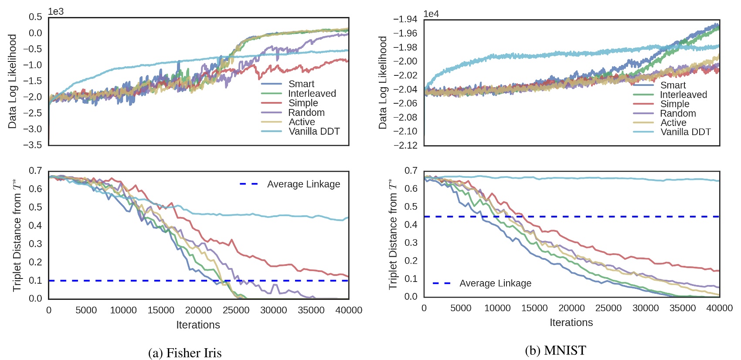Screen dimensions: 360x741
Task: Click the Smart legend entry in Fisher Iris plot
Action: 301,84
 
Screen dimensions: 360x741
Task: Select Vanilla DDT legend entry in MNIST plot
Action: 685,132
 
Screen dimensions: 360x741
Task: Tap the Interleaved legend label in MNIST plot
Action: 683,95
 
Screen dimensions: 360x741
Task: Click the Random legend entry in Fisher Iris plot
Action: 306,112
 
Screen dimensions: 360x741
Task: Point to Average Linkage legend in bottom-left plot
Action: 303,184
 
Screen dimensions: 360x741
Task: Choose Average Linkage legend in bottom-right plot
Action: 495,283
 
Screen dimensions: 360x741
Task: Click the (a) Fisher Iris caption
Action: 185,353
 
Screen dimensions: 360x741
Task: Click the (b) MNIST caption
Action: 555,350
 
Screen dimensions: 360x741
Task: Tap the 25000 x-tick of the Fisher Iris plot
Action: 236,310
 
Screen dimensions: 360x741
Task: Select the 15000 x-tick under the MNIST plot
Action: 534,308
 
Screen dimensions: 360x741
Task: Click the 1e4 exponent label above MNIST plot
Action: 431,14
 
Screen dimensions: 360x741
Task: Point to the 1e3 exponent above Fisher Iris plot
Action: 56,12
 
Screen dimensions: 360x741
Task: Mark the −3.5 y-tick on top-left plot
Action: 33,145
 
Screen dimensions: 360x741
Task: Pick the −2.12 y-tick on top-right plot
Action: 405,145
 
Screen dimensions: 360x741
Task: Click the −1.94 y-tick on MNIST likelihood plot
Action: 405,19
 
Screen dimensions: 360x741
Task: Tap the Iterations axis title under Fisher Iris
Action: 198,325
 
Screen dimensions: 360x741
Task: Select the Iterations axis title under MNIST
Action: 571,323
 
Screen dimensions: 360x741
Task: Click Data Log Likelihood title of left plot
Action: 12,82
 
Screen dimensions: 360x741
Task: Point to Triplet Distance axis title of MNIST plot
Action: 393,234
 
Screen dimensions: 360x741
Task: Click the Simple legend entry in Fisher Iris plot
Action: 303,103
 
